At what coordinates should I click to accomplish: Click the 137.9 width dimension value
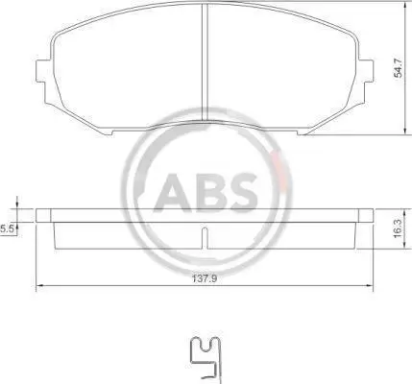[x=205, y=278]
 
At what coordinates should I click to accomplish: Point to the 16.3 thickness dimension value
[x=398, y=228]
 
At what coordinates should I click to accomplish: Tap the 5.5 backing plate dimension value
[x=6, y=229]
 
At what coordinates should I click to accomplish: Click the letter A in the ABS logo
[x=173, y=193]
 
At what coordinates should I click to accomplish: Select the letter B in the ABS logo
[x=207, y=193]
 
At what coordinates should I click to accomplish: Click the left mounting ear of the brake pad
[x=43, y=71]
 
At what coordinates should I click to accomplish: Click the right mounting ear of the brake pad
[x=365, y=71]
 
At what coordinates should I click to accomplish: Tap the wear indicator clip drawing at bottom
[x=205, y=359]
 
